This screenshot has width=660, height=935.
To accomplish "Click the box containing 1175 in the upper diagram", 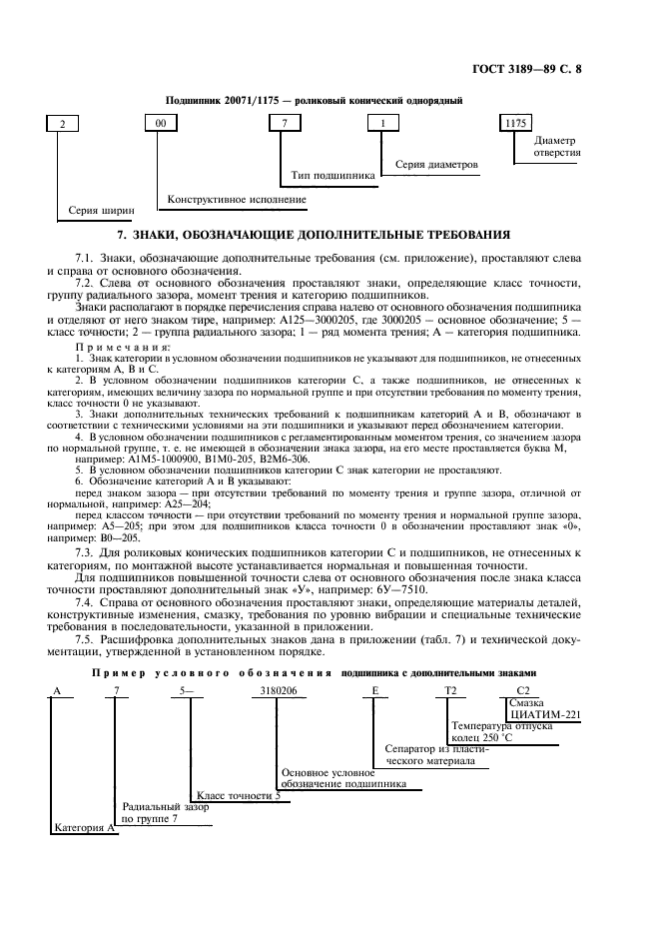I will click(515, 124).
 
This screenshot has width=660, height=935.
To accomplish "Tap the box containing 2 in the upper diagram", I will click(63, 124).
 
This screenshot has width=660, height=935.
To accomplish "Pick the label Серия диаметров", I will click(437, 164).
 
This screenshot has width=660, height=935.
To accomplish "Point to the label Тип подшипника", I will click(333, 176).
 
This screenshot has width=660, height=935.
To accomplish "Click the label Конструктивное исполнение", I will click(237, 200).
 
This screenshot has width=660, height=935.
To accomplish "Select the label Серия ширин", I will click(101, 212).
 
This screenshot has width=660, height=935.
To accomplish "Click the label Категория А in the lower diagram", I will click(84, 828).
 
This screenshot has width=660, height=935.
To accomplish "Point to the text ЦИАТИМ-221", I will click(544, 714).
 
